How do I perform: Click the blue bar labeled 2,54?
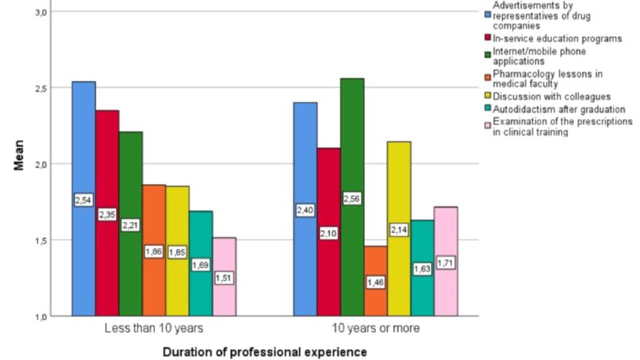84,199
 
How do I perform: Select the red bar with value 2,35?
107,213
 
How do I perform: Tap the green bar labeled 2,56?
352,197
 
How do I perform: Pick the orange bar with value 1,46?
375,281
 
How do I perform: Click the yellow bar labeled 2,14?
399,229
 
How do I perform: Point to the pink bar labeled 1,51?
224,277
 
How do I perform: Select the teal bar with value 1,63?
422,268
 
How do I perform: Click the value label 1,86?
154,252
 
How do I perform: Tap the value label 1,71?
445,263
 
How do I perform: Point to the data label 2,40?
305,210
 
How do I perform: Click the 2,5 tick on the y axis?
42,88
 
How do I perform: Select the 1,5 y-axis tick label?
42,241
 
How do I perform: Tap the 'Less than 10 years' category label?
154,329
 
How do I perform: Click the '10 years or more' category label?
375,329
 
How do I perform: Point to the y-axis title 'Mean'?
19,155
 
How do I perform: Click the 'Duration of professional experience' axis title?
265,352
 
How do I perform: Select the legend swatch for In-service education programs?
487,38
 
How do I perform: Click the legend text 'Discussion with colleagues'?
552,97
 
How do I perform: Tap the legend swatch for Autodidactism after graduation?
487,109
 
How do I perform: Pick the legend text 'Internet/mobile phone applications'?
539,57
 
